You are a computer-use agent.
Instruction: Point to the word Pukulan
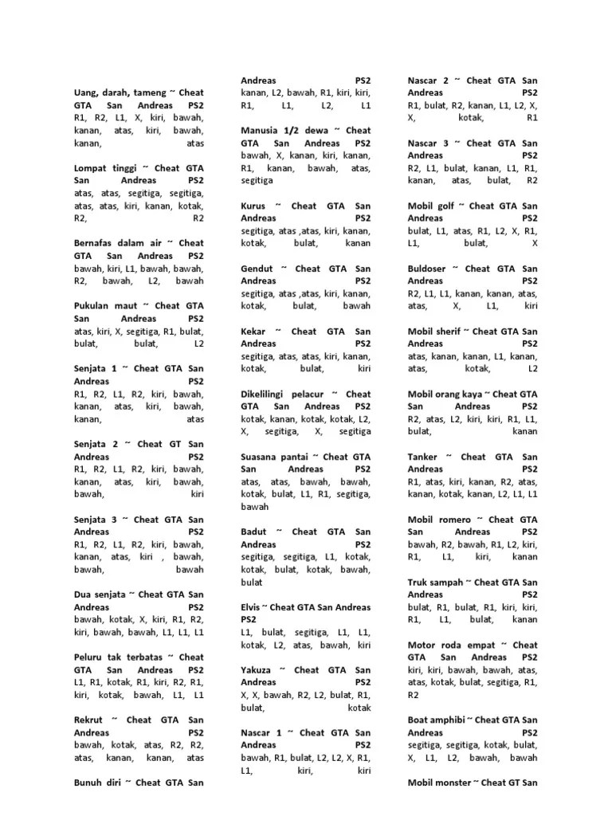tap(94, 305)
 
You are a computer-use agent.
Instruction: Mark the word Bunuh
tap(88, 782)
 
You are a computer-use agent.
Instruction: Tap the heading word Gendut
tap(257, 269)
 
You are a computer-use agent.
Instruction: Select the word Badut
tap(254, 532)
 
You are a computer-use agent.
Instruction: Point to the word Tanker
tap(422, 457)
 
